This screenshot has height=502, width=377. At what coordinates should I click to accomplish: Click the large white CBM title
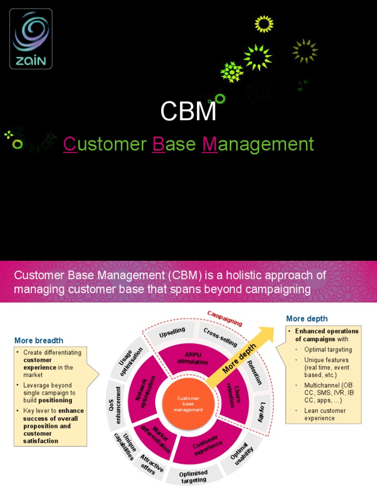tap(188, 111)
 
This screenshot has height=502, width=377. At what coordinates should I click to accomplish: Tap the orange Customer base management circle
tap(188, 403)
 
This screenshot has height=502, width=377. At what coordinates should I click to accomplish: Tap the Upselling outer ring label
tap(172, 333)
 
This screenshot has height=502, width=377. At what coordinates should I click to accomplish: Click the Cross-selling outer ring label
tap(220, 337)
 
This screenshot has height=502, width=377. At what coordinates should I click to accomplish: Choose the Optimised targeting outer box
tap(193, 476)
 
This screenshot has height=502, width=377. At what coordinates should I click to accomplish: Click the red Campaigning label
tap(224, 318)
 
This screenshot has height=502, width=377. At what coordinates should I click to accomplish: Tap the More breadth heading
tap(39, 340)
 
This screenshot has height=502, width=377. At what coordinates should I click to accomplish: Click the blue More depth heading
tap(307, 319)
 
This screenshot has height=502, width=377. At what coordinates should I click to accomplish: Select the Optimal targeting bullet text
tap(328, 350)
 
